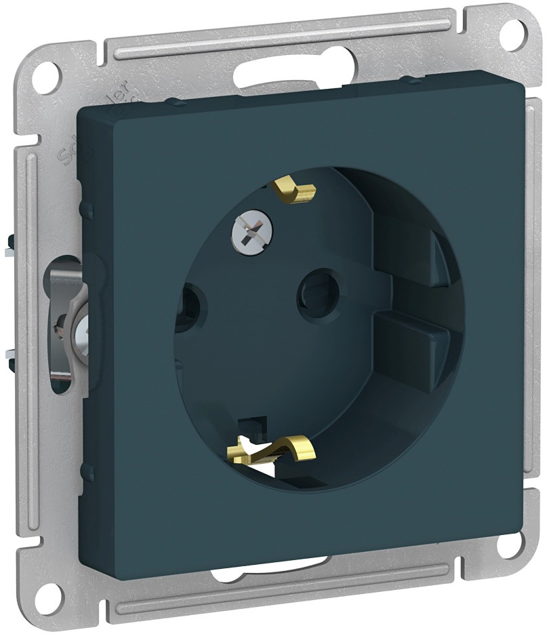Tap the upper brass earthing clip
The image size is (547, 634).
point(297,191)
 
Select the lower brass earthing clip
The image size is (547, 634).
point(275,448)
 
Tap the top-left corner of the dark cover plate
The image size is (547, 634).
point(83,108)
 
